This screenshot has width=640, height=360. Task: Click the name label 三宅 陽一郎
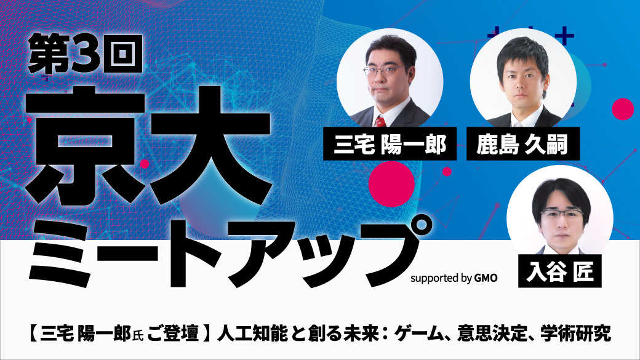click(x=390, y=144)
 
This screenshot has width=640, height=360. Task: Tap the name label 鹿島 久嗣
click(x=523, y=144)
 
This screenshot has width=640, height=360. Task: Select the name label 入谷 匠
click(x=559, y=271)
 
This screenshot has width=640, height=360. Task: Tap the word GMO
click(x=486, y=278)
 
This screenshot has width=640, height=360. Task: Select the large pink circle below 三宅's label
click(x=391, y=183)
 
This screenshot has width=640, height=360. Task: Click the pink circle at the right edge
click(x=623, y=109)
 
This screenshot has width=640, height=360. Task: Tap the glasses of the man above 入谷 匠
click(x=562, y=215)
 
